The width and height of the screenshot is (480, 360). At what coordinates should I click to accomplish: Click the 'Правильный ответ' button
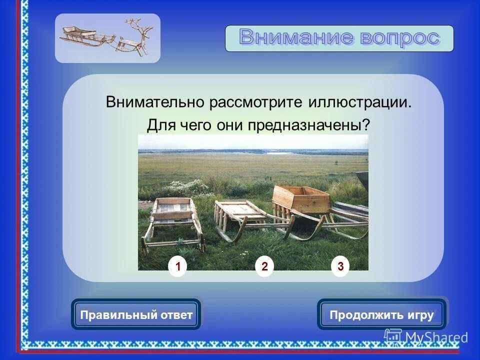pyautogui.click(x=136, y=315)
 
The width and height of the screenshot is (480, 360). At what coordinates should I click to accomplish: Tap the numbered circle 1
pyautogui.click(x=177, y=267)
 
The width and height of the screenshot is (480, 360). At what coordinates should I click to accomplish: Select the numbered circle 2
pyautogui.click(x=264, y=267)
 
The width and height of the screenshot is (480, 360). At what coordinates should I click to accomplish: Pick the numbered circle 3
pyautogui.click(x=340, y=267)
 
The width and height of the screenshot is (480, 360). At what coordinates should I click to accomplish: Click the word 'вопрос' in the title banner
pyautogui.click(x=398, y=38)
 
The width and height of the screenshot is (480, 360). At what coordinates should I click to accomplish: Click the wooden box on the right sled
pyautogui.click(x=301, y=199)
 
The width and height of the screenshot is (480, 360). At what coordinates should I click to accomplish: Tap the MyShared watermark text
pyautogui.click(x=435, y=337)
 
